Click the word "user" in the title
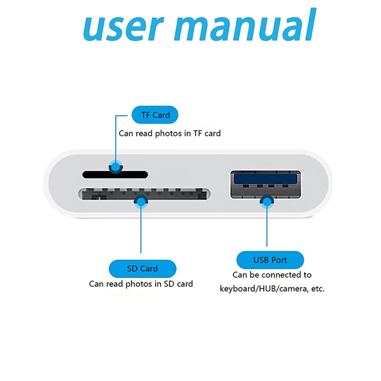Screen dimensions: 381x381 coord(119,26)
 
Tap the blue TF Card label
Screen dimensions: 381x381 coord(155,115)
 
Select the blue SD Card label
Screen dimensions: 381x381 coord(142,268)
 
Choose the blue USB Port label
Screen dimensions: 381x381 coord(270,260)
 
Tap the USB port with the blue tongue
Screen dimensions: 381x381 coord(265,185)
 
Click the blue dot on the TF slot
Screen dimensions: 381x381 coord(115,167)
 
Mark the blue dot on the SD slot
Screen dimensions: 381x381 coord(141,202)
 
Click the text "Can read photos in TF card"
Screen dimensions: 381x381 coord(169,133)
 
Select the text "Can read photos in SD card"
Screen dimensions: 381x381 coord(141,284)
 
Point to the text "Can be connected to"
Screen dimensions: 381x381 coord(272,275)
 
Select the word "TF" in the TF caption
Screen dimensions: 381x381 coord(198,133)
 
